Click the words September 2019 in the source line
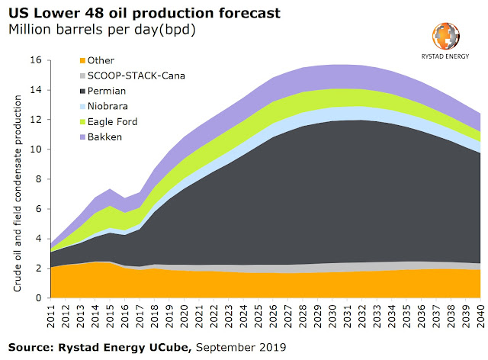pos(241,349)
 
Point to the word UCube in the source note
pos(171,349)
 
